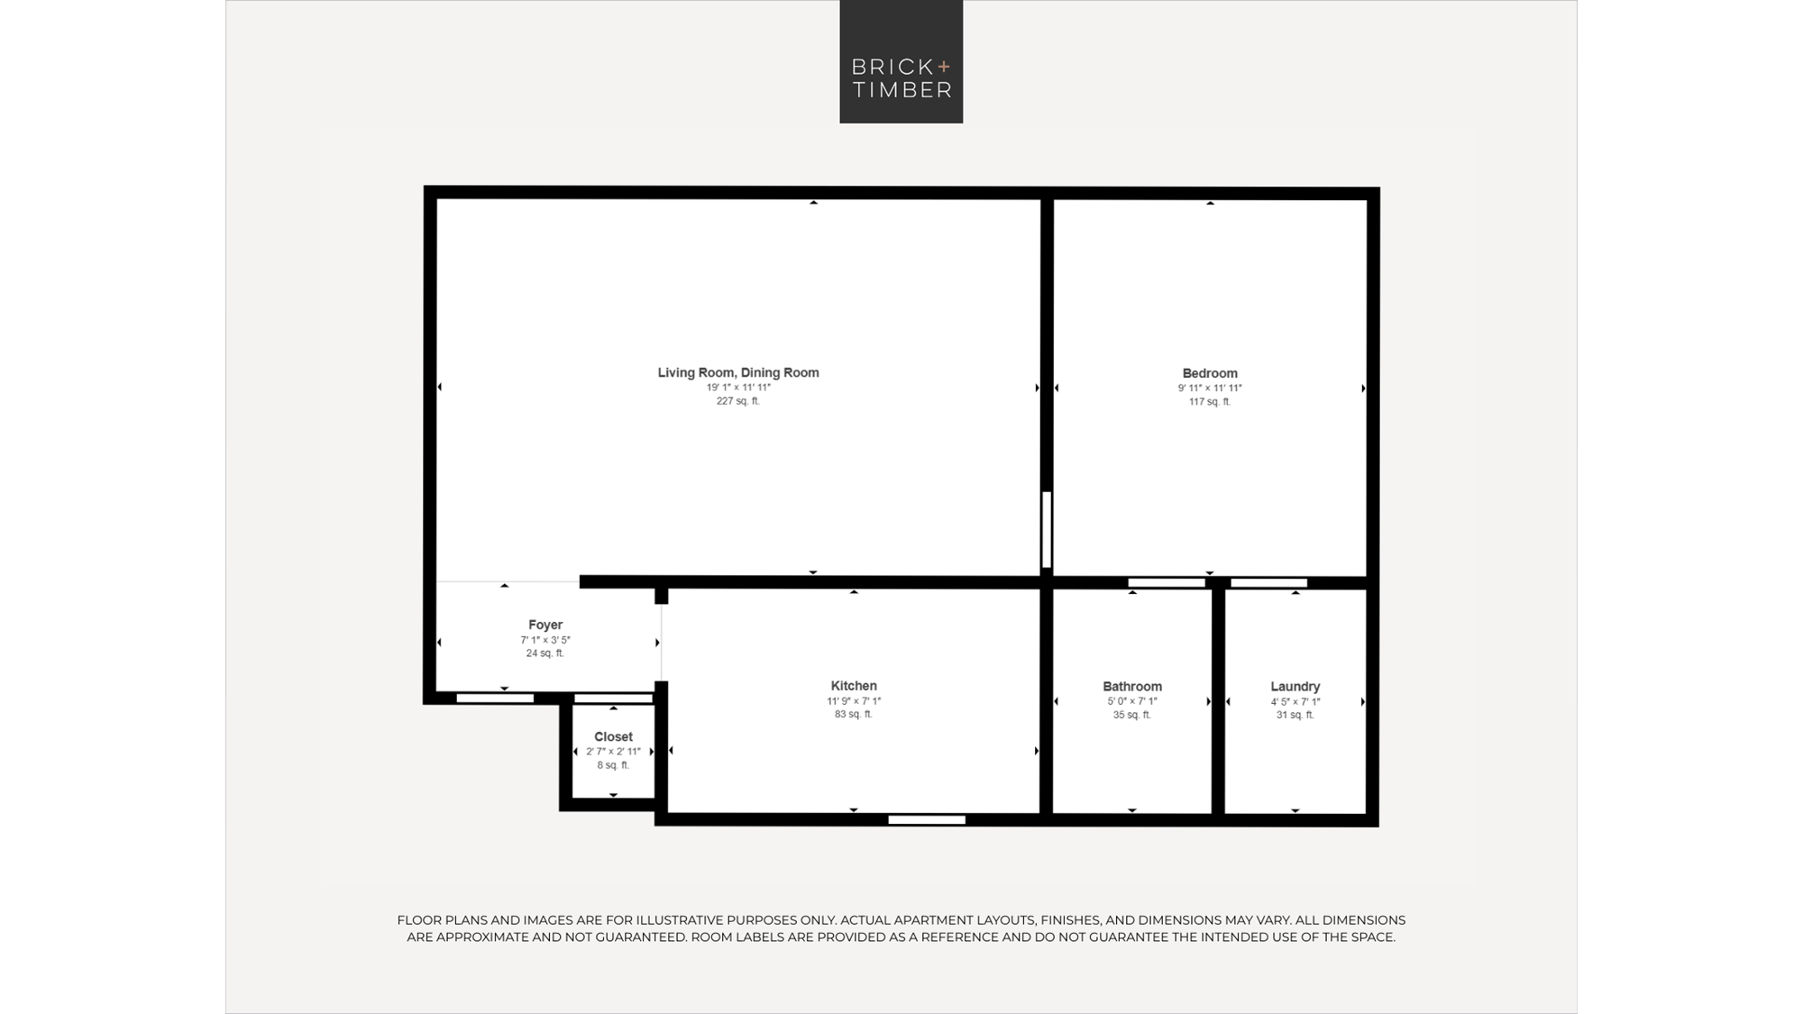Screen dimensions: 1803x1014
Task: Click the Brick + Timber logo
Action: point(901,61)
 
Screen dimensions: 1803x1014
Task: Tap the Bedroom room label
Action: point(1210,373)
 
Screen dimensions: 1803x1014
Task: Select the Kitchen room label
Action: point(854,686)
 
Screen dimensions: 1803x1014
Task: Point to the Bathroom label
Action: point(1132,687)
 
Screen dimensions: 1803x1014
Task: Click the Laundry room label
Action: point(1295,687)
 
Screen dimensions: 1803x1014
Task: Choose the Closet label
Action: point(613,737)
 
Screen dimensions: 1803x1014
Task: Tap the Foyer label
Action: point(545,625)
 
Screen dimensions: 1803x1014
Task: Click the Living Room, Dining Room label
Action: point(738,372)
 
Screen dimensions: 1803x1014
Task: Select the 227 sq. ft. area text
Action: point(738,401)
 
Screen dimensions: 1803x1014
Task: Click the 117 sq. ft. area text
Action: point(1210,402)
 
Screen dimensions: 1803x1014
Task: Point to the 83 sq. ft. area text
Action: point(854,715)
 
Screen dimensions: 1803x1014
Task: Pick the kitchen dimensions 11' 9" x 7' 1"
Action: point(854,701)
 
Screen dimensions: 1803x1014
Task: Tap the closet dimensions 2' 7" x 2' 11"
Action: point(613,752)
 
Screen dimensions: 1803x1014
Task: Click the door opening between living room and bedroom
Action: point(1047,529)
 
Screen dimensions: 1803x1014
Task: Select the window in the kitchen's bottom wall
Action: point(927,820)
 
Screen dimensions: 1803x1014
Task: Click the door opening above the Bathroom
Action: point(1167,583)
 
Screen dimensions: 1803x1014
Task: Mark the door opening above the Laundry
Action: point(1269,583)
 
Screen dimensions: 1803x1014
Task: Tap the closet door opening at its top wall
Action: point(613,699)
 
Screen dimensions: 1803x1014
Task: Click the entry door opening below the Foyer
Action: point(495,699)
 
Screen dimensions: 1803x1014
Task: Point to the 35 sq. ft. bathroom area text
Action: point(1132,716)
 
